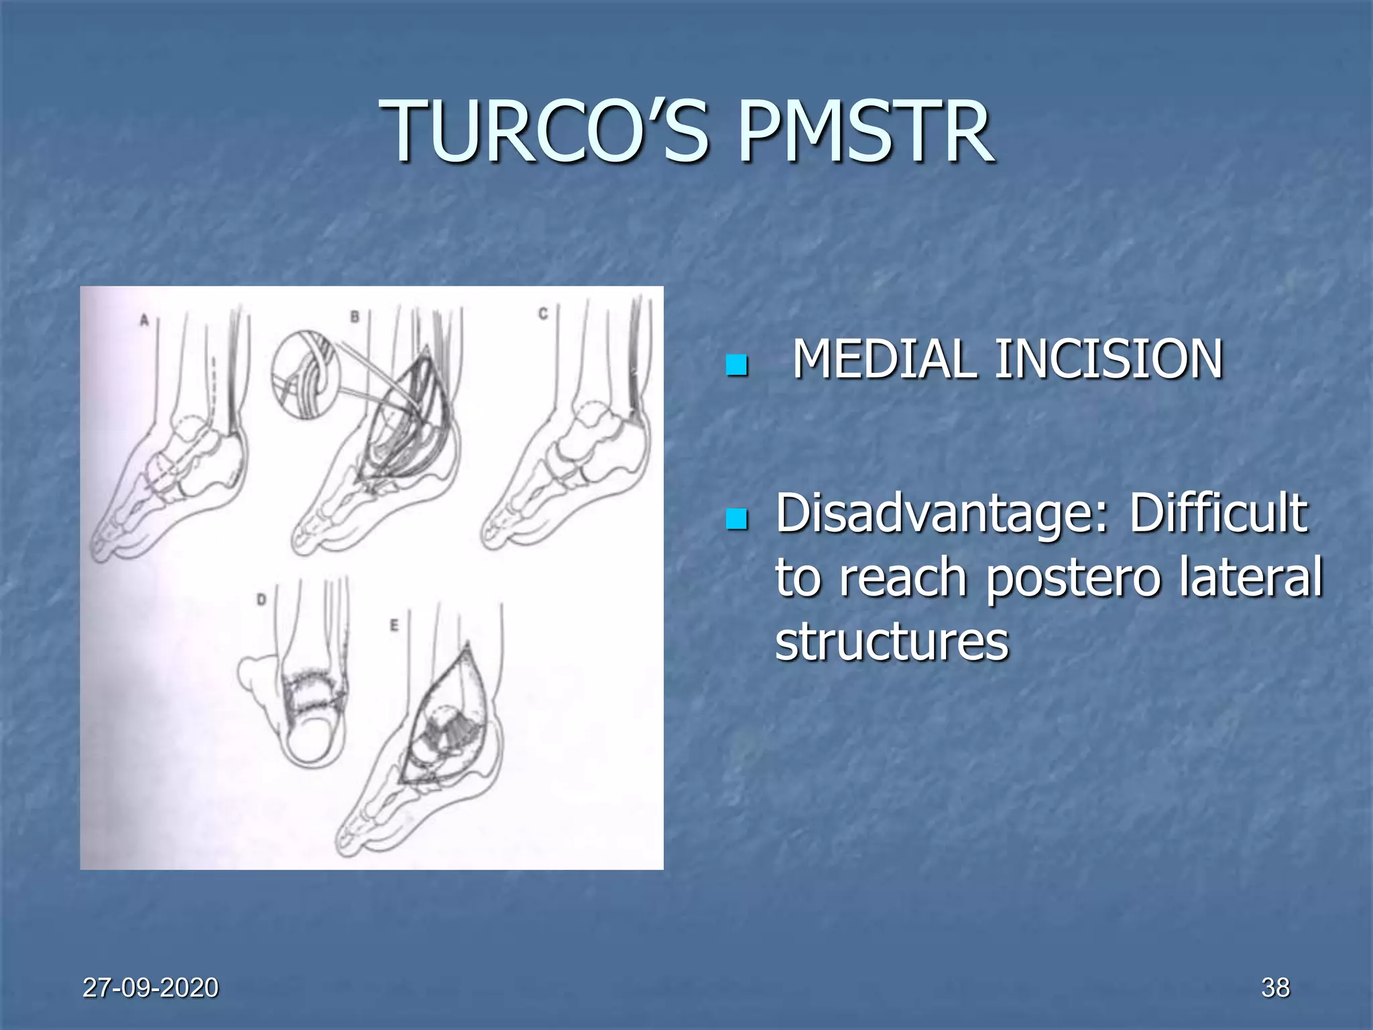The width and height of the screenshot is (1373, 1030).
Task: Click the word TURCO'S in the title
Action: pyautogui.click(x=544, y=131)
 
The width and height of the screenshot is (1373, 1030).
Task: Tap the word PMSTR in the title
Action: pyautogui.click(x=865, y=131)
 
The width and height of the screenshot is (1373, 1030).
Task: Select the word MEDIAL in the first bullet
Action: pyautogui.click(x=883, y=359)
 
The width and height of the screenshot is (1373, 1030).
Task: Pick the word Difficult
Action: pyautogui.click(x=1218, y=514)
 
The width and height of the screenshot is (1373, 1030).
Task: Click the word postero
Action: pyautogui.click(x=1073, y=577)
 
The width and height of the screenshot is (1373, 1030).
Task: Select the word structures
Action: pyautogui.click(x=892, y=640)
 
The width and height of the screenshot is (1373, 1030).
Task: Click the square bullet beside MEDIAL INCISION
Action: pyautogui.click(x=736, y=365)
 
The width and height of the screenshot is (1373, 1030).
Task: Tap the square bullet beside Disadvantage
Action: pyautogui.click(x=736, y=520)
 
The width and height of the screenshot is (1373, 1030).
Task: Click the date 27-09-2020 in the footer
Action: pyautogui.click(x=150, y=988)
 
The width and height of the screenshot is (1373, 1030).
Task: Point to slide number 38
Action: pyautogui.click(x=1275, y=988)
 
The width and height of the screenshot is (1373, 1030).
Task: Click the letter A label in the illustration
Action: pyautogui.click(x=143, y=321)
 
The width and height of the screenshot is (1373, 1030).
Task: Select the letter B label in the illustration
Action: pyautogui.click(x=355, y=316)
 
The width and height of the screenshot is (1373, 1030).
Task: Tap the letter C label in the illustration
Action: pyautogui.click(x=543, y=313)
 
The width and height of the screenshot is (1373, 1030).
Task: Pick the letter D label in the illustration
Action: pyautogui.click(x=261, y=599)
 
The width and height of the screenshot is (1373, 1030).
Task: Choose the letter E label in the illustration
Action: pyautogui.click(x=394, y=625)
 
